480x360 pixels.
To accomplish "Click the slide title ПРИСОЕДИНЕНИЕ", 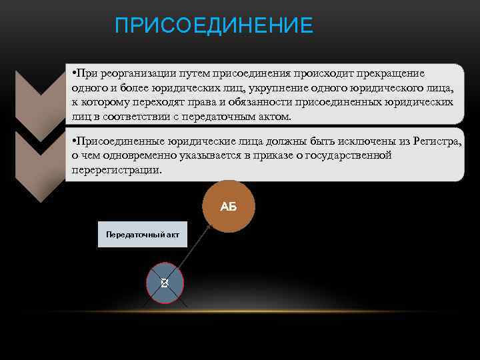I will (x=213, y=26).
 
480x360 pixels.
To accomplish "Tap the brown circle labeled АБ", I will (x=229, y=206).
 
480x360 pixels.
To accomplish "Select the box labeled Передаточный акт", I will (x=143, y=235).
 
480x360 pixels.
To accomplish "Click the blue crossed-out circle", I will (x=164, y=283).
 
